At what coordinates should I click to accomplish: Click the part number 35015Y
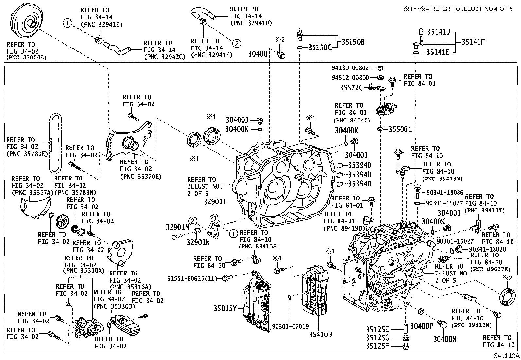point(225,308)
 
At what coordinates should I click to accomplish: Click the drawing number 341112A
point(507,356)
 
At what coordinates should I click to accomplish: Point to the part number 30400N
point(444,339)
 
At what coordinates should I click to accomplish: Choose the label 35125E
point(377,329)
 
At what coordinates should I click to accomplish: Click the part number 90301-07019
point(290,326)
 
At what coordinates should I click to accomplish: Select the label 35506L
point(400,129)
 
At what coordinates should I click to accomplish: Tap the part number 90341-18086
point(445,193)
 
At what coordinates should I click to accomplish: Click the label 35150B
point(353,42)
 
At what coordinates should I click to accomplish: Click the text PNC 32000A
point(27,57)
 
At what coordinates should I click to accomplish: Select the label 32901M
point(177,227)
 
